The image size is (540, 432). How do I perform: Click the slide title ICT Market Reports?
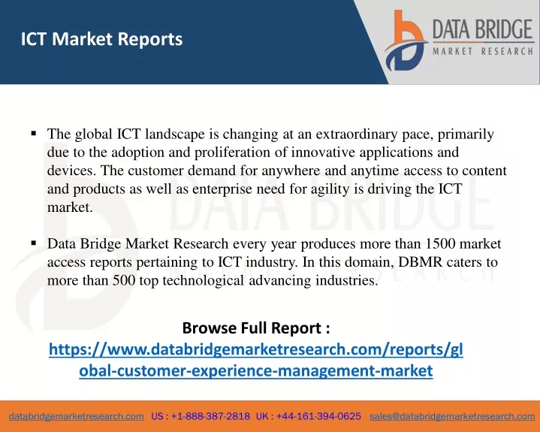(101, 39)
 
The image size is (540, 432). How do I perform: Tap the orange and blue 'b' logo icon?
(406, 41)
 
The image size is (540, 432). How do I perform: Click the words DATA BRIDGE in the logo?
(483, 29)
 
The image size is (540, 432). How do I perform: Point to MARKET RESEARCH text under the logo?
(483, 52)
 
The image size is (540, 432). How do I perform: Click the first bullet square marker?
(33, 133)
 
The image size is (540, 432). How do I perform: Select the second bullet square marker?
(33, 243)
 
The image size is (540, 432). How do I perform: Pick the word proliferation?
(232, 153)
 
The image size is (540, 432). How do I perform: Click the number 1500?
(440, 243)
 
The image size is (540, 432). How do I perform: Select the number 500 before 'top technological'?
(125, 280)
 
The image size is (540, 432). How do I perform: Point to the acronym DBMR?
(420, 262)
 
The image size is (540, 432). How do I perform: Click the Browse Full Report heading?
(256, 328)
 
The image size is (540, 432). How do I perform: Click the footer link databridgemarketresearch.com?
(77, 416)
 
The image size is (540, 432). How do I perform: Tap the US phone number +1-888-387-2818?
(210, 416)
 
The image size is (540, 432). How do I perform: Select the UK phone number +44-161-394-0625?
(318, 416)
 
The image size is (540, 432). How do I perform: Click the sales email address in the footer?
(452, 416)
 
